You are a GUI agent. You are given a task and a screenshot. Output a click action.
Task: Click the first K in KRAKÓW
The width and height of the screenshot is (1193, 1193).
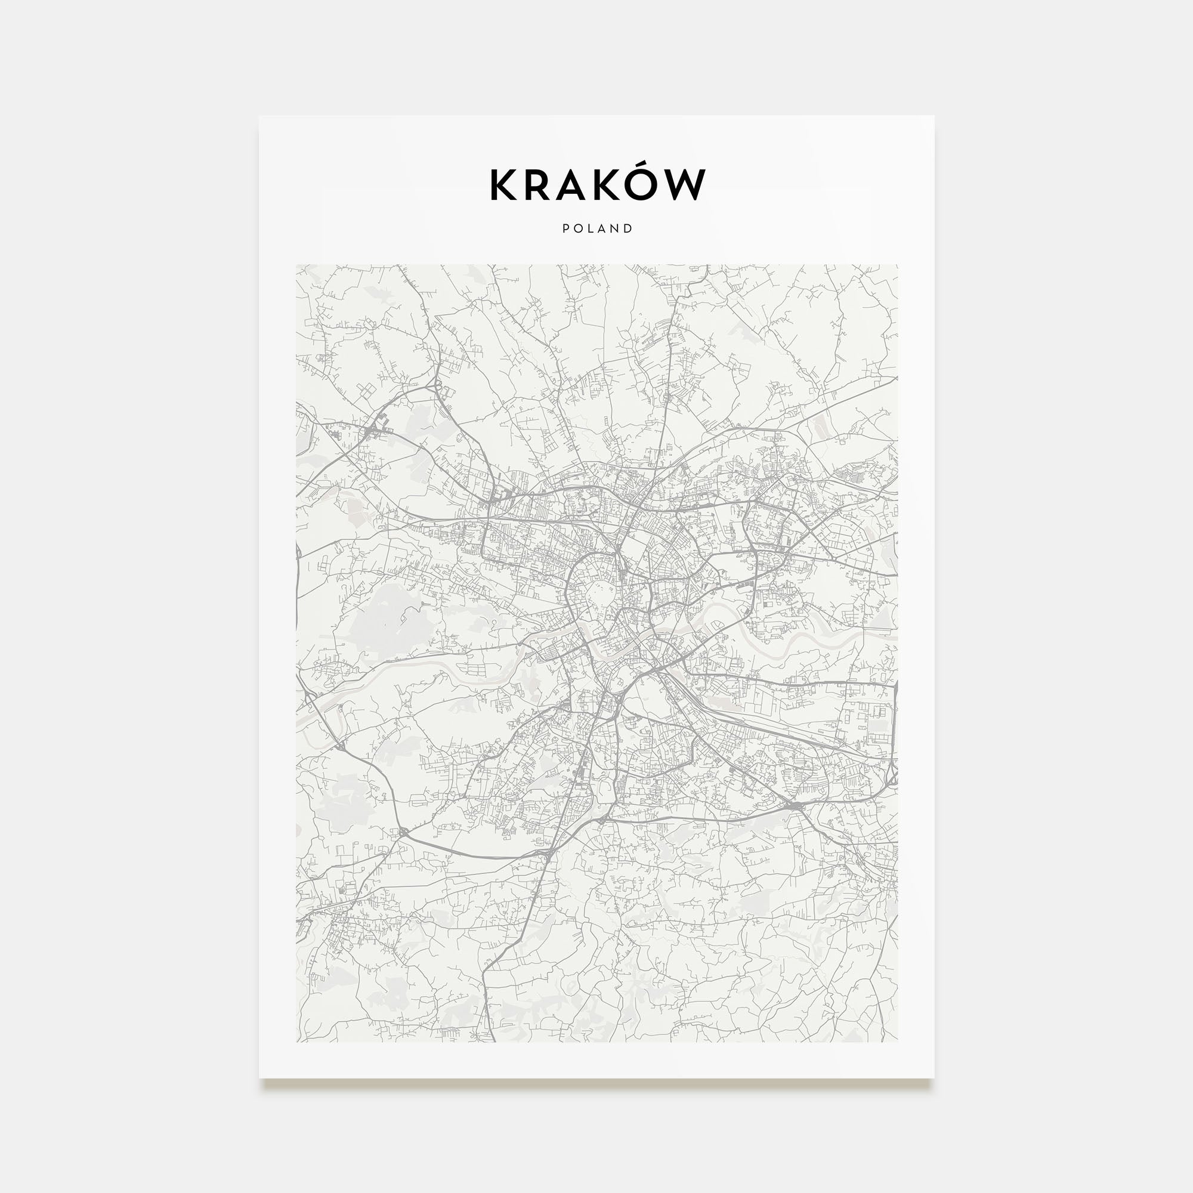pos(504,185)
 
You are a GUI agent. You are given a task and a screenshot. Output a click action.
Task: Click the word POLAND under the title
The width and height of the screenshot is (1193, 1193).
pos(597,228)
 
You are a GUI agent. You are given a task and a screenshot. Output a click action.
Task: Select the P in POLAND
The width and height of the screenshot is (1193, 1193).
pos(565,228)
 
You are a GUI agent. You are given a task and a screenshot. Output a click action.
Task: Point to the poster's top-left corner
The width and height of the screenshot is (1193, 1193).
pos(259,116)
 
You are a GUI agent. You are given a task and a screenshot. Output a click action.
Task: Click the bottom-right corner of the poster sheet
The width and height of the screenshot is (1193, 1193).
pos(934,1078)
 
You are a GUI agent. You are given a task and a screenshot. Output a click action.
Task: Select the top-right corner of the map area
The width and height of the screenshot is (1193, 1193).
pos(898,265)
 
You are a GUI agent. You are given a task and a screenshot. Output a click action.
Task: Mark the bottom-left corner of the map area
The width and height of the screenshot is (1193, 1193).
pos(296,1041)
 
